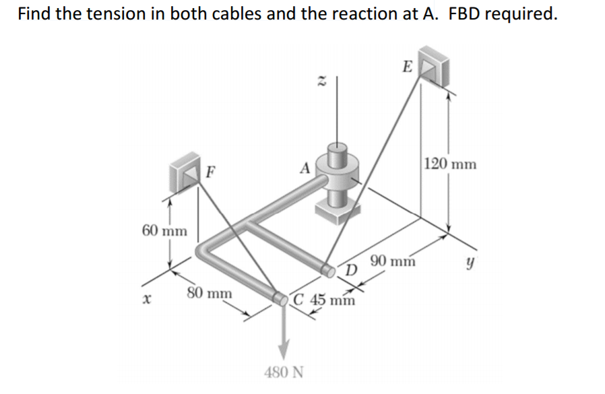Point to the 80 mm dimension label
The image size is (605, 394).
[209, 294]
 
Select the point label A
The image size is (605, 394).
[305, 168]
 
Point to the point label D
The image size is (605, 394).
[350, 271]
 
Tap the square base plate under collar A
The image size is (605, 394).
[335, 215]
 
